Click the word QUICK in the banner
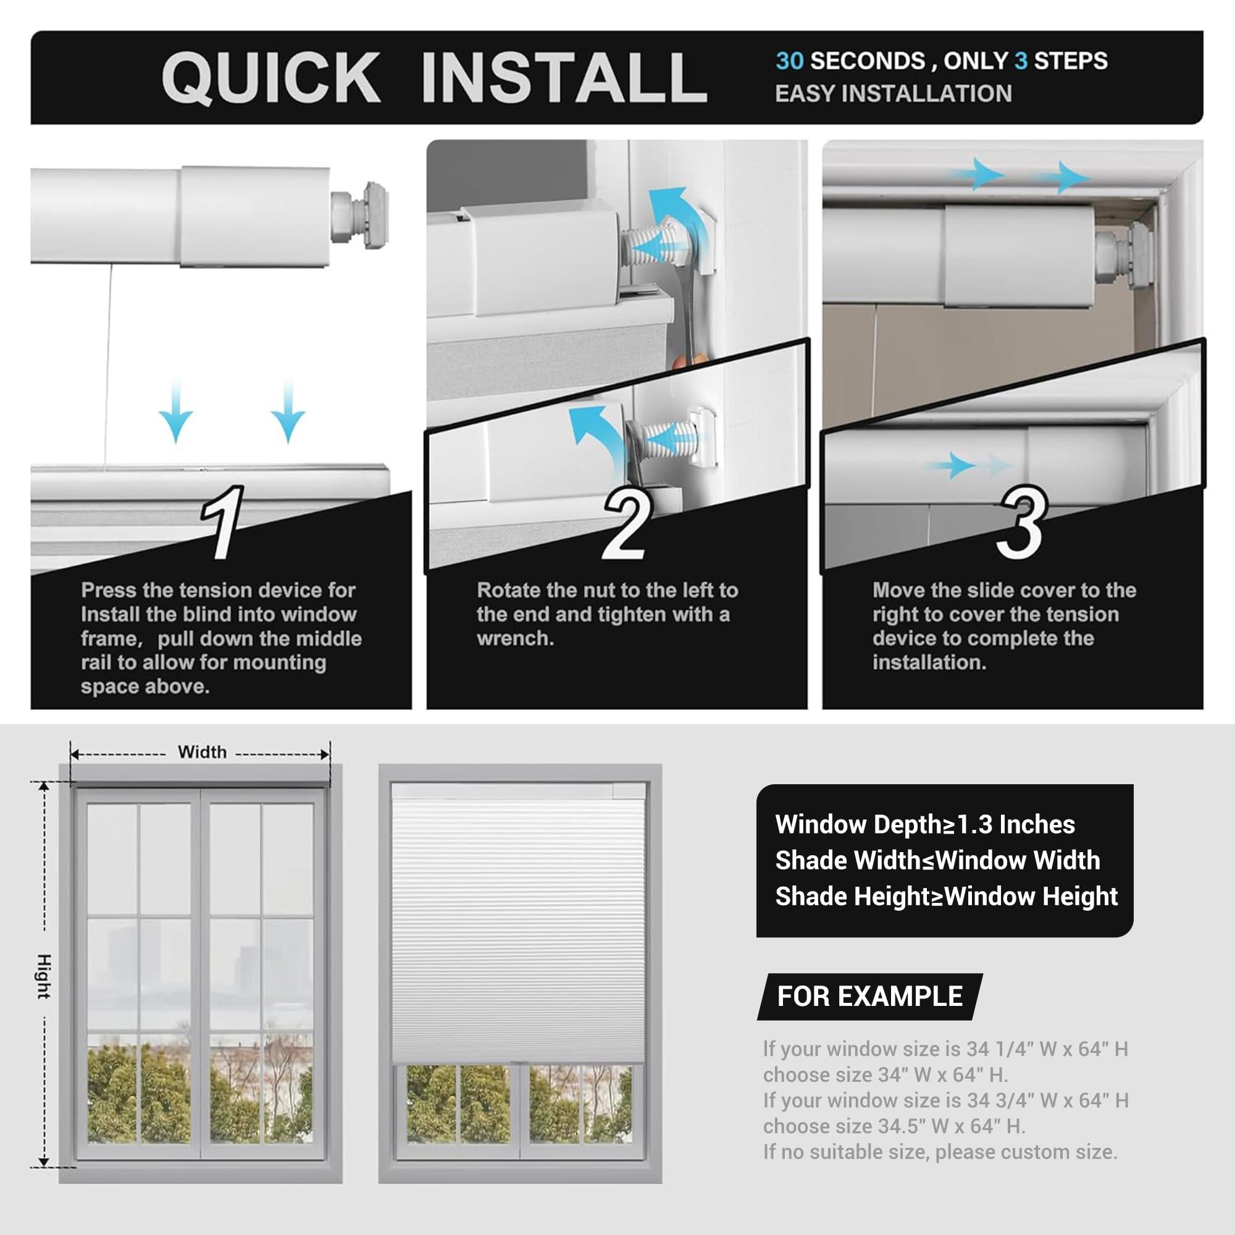point(270,78)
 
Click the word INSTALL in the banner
point(564,78)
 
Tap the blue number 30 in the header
point(789,61)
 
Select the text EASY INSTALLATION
point(893,94)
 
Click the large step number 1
point(222,523)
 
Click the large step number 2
point(626,523)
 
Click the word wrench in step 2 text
point(514,638)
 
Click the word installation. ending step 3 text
point(929,662)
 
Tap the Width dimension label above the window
point(202,751)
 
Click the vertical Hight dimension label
point(43,976)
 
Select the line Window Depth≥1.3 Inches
point(925,824)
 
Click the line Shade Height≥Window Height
point(946,896)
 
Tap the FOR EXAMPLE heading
point(869,997)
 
